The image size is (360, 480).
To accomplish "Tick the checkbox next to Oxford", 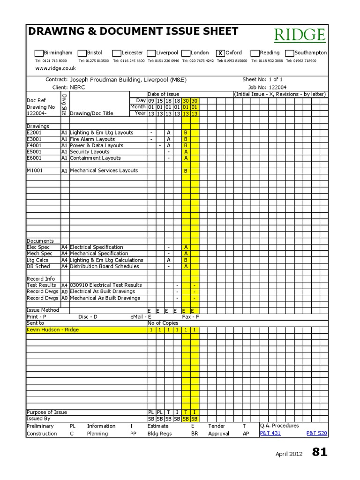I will (x=220, y=53).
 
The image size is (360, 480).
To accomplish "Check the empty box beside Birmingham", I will (x=39, y=53).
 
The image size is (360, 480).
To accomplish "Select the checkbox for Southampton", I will (x=290, y=53).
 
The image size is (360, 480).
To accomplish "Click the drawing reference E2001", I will (x=35, y=133).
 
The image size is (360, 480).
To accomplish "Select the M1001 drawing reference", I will (x=35, y=171).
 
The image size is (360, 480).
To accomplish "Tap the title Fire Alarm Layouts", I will (x=92, y=139).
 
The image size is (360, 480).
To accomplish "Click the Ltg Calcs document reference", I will (x=37, y=260).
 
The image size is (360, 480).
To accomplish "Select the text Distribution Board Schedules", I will (x=104, y=266).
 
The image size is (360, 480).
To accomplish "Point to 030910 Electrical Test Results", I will (x=105, y=285).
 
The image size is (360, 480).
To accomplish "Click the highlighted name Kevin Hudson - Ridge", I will (x=52, y=330).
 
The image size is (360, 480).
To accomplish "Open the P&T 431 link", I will (x=270, y=434).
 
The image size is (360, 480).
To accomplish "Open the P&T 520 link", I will (x=316, y=434).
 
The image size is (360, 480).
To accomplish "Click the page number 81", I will (x=320, y=452).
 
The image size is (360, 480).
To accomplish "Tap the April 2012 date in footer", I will (x=289, y=454).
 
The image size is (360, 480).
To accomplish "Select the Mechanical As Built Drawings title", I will (x=105, y=298).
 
